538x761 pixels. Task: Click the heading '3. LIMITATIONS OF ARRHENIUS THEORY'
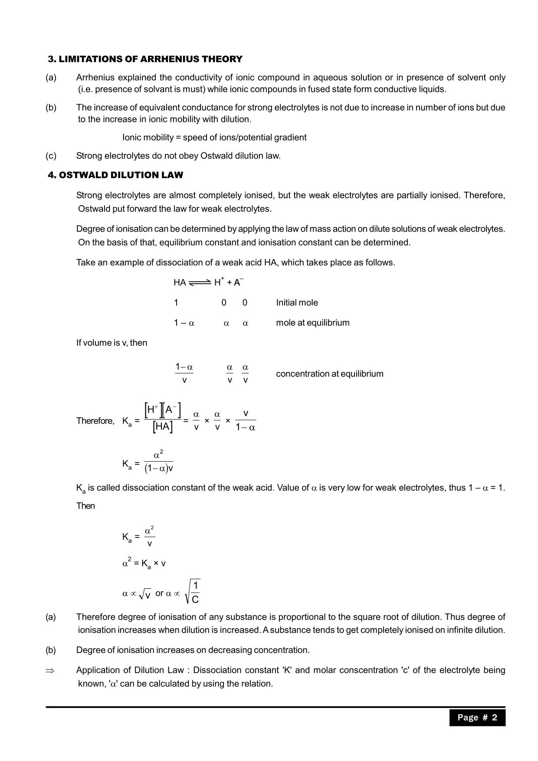[x=145, y=59]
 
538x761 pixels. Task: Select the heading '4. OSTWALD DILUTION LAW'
[x=115, y=175]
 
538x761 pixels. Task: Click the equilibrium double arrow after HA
[x=200, y=282]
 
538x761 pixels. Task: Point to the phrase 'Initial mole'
[x=297, y=303]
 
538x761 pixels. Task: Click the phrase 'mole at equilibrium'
[x=312, y=323]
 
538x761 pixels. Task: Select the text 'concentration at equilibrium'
[x=329, y=374]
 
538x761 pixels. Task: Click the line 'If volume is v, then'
[x=112, y=343]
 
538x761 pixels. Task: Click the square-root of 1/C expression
[x=193, y=592]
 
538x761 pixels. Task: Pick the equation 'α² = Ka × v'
[x=144, y=564]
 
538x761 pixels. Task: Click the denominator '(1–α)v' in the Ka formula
[x=159, y=469]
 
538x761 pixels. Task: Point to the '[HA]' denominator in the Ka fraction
[x=163, y=427]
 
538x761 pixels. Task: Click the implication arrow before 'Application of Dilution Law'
[x=50, y=671]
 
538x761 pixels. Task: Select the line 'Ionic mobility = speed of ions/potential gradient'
[x=214, y=138]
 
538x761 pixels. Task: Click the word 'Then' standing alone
[x=85, y=506]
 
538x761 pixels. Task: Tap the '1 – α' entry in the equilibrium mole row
[x=184, y=323]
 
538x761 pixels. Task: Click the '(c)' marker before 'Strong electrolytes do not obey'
[x=51, y=156]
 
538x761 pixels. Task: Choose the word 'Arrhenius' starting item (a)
[x=95, y=78]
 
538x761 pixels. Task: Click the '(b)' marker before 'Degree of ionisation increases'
[x=51, y=650]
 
